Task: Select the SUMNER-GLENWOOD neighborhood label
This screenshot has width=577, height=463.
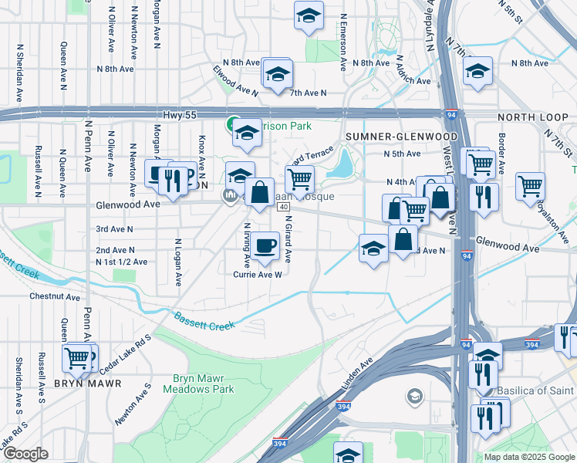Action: [401, 137]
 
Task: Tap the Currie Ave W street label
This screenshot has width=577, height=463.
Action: [258, 274]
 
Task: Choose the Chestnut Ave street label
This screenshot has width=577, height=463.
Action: [55, 296]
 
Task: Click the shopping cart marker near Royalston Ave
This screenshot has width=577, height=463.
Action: [531, 185]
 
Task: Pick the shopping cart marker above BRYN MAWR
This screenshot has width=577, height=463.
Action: [77, 357]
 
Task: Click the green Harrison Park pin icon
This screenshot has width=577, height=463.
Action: [231, 123]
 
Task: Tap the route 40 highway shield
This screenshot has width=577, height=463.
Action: [284, 207]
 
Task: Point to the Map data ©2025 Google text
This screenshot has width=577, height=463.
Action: [530, 457]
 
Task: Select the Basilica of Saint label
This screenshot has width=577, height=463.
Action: [535, 390]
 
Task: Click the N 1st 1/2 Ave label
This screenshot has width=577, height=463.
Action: [121, 262]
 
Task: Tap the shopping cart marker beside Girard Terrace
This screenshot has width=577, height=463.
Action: [299, 180]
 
